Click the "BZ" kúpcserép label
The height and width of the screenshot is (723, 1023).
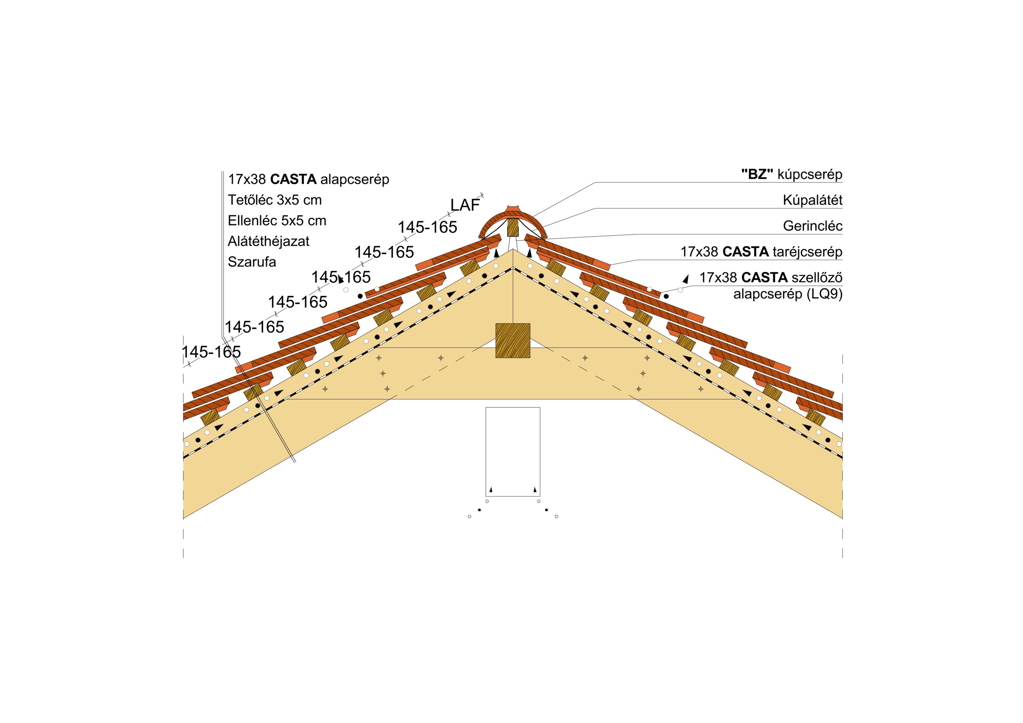pyautogui.click(x=791, y=175)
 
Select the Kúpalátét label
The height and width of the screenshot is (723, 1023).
pyautogui.click(x=812, y=201)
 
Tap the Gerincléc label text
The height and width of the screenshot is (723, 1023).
pyautogui.click(x=812, y=226)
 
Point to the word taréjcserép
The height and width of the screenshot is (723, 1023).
pyautogui.click(x=807, y=252)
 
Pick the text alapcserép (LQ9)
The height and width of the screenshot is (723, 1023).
pyautogui.click(x=788, y=294)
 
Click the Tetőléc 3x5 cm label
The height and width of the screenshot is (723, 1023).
pyautogui.click(x=275, y=200)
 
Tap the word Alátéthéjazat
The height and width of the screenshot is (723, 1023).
pyautogui.click(x=268, y=241)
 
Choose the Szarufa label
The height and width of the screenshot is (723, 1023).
pyautogui.click(x=252, y=262)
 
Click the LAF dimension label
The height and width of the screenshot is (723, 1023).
pyautogui.click(x=465, y=205)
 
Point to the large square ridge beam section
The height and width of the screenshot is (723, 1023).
pyautogui.click(x=513, y=341)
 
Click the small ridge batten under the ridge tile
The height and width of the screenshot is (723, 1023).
pyautogui.click(x=513, y=227)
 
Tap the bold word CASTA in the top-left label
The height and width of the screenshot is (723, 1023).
pyautogui.click(x=293, y=179)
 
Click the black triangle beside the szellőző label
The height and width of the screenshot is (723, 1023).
pyautogui.click(x=686, y=279)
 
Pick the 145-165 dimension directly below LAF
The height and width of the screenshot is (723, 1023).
pyautogui.click(x=427, y=227)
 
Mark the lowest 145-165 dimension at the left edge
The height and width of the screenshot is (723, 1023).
pyautogui.click(x=211, y=352)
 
